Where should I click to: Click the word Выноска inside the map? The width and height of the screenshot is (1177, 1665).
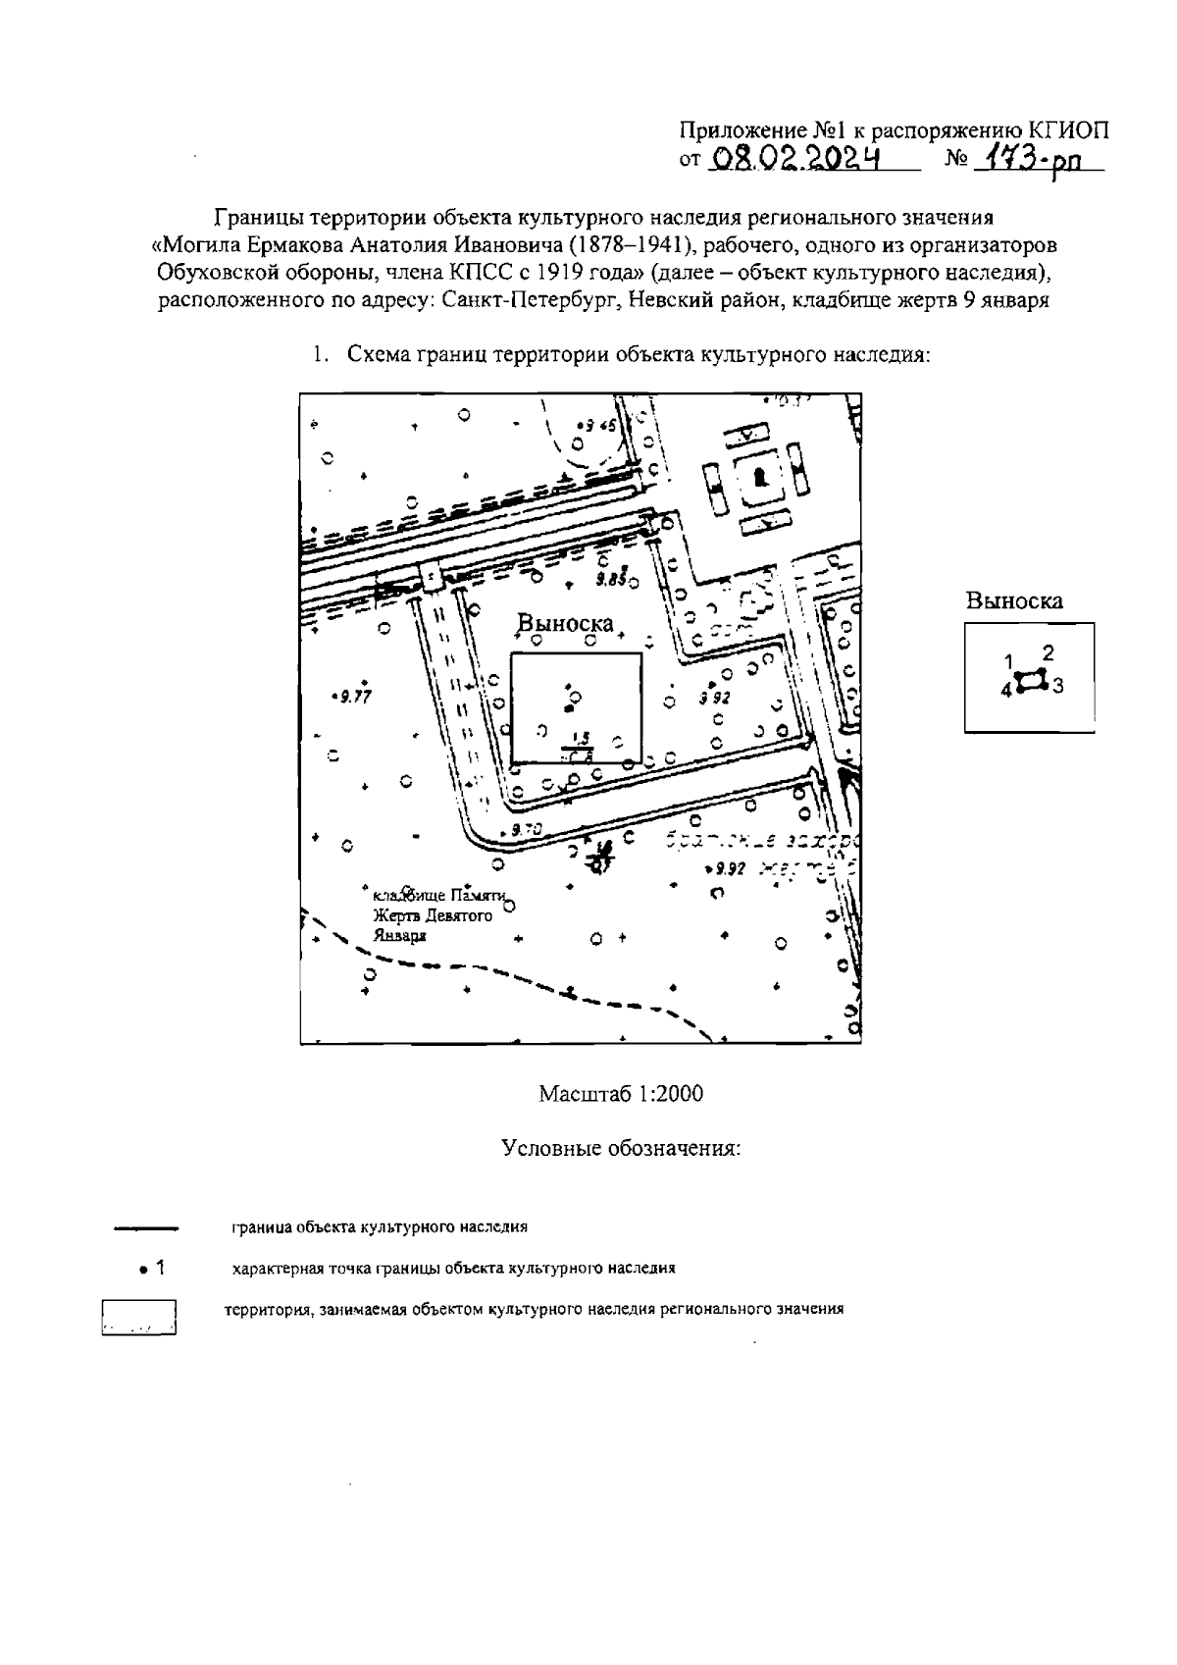565,624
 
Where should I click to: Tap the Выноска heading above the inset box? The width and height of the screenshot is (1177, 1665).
1014,601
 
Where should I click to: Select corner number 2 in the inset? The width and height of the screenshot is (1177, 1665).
1048,652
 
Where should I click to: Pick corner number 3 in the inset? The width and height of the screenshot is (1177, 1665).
1057,687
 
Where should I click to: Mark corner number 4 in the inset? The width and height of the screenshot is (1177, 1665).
1005,691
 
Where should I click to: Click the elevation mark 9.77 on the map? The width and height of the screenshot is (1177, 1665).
350,697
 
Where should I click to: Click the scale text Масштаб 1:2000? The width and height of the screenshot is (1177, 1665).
620,1093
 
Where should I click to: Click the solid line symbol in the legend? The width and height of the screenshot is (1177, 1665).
145,1227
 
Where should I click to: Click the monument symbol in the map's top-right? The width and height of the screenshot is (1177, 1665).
759,477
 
